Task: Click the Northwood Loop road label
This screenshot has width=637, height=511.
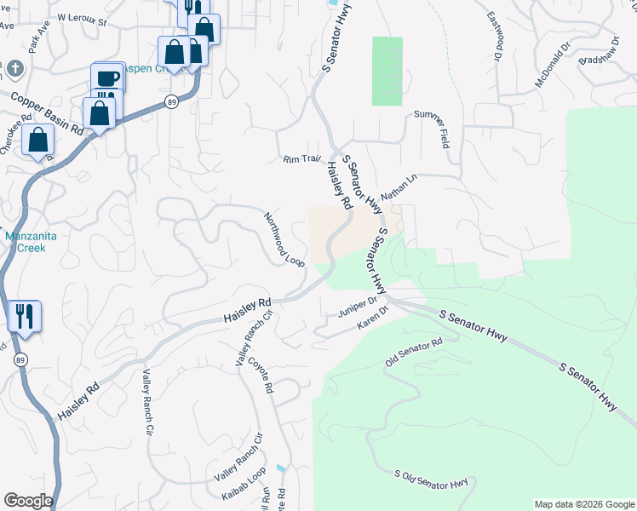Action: [x=284, y=239]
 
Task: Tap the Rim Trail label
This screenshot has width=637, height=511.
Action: [x=301, y=158]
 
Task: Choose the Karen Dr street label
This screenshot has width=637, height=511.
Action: [x=372, y=319]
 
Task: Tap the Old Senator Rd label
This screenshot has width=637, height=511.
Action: [x=414, y=353]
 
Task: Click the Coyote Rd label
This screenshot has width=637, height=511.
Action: [x=261, y=376]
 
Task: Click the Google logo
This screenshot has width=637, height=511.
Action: [x=27, y=501]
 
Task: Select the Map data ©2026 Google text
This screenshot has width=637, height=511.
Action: [x=583, y=504]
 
